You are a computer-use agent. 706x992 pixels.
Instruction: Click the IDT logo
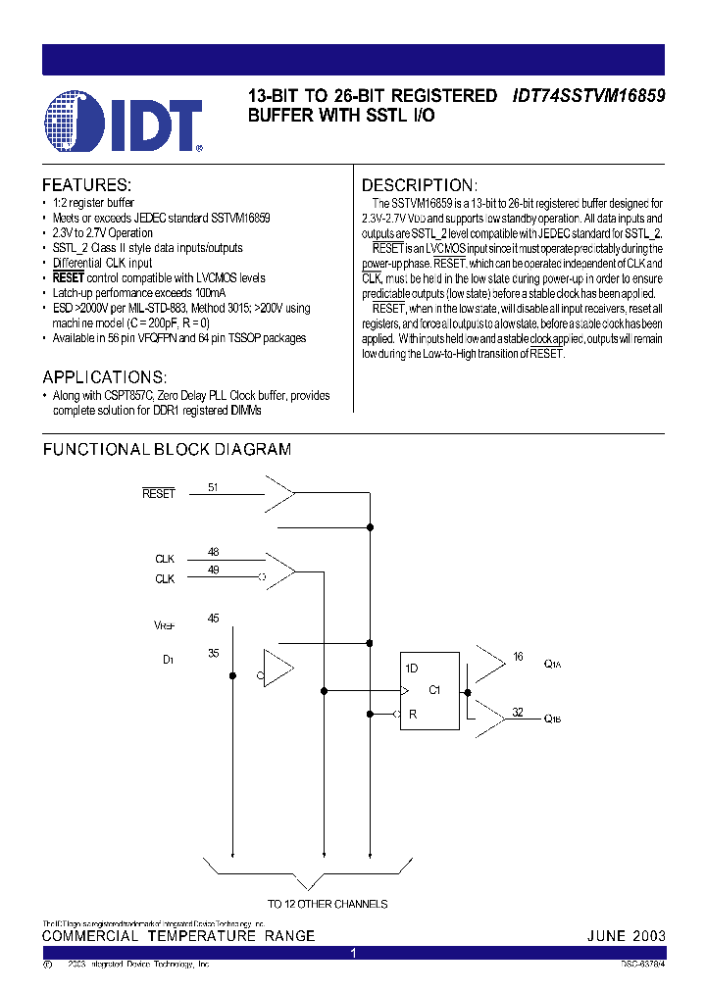point(124,121)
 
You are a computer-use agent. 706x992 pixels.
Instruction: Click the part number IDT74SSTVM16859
point(588,96)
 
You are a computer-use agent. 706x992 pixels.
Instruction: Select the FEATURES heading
point(86,185)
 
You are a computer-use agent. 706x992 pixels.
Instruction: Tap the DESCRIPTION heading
point(420,185)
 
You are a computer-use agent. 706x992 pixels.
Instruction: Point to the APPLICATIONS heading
point(104,377)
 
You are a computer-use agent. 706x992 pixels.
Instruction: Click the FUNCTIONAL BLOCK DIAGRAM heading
point(167,450)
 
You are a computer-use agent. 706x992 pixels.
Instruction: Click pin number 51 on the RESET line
point(213,486)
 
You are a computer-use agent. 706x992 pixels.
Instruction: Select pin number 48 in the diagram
point(214,553)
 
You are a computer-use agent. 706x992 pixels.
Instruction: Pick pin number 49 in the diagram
point(214,571)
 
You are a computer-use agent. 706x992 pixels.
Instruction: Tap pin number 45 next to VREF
point(214,618)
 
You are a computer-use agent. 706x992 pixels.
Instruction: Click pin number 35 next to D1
point(214,652)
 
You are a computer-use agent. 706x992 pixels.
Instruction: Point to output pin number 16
point(518,657)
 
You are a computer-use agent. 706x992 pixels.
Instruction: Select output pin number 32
point(518,712)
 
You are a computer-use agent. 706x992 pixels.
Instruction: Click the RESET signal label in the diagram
point(158,494)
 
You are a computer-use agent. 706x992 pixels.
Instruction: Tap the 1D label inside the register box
point(413,668)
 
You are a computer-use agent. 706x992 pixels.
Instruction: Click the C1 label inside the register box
point(435,689)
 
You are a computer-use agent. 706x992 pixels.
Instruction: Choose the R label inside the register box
point(413,714)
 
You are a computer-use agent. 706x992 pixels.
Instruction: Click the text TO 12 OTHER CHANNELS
point(328,904)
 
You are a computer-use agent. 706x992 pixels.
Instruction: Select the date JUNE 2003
point(626,936)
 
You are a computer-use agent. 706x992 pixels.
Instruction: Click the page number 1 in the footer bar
point(353,953)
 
